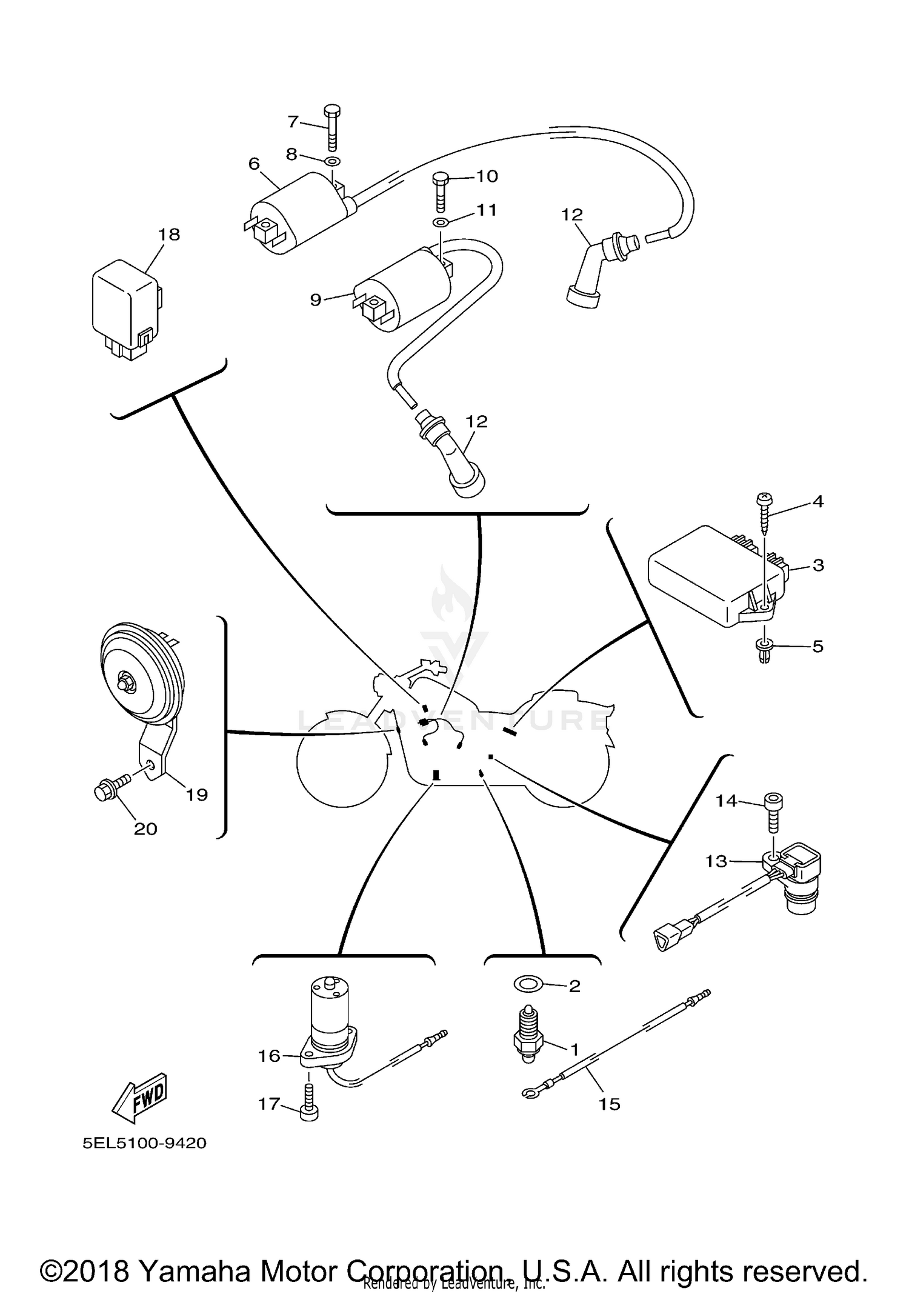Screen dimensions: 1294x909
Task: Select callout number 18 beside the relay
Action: click(x=170, y=235)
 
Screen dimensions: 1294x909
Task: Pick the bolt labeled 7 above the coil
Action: click(x=332, y=128)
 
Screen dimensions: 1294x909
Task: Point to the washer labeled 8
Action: click(x=332, y=162)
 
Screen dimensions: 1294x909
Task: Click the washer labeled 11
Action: click(x=441, y=222)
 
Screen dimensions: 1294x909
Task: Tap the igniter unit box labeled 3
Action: click(x=703, y=573)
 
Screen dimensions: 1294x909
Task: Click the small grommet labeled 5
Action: click(x=765, y=651)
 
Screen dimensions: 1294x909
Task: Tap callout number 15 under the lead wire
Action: click(x=610, y=1104)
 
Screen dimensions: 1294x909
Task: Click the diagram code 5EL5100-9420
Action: click(x=145, y=1144)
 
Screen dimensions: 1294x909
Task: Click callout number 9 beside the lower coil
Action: click(x=316, y=299)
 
